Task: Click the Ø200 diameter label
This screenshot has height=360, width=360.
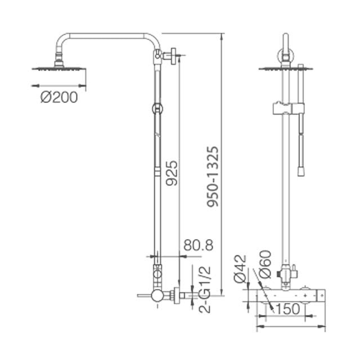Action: tap(59, 97)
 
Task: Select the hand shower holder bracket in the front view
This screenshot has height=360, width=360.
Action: tap(287, 106)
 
